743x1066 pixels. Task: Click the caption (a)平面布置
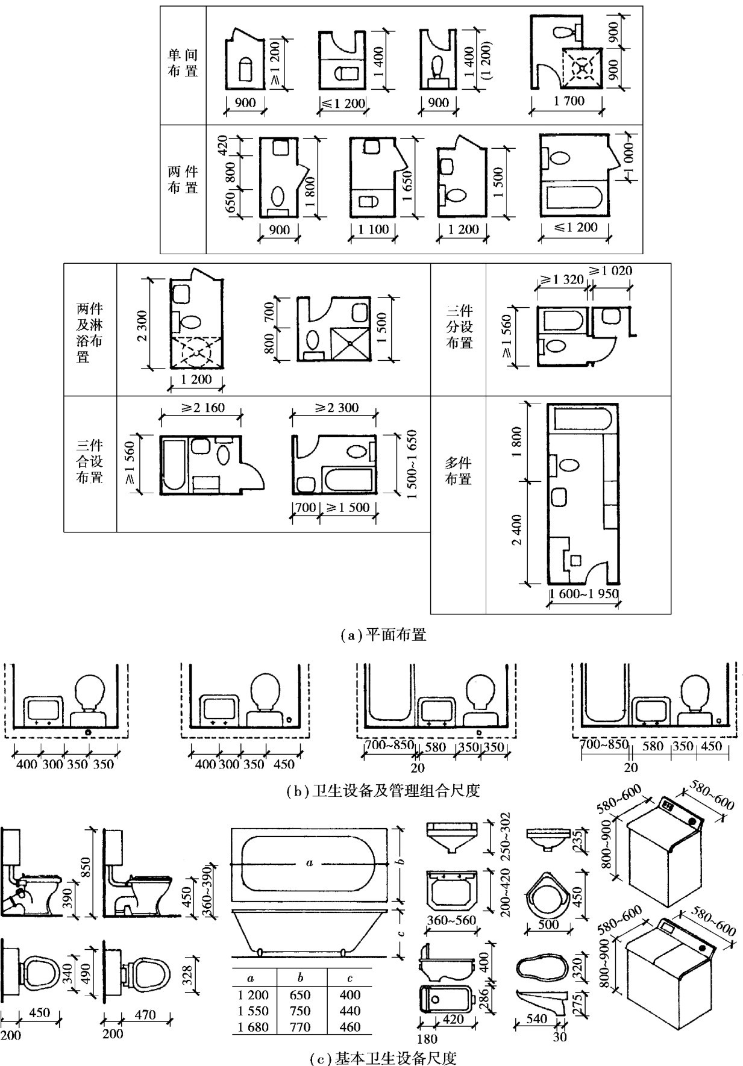[x=383, y=634]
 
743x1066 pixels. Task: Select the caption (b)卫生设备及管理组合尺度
[x=383, y=790]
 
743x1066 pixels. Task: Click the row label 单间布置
[x=183, y=63]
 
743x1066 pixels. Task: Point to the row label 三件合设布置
[x=90, y=462]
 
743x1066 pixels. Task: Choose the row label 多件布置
[x=458, y=471]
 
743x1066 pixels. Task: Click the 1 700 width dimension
[x=569, y=101]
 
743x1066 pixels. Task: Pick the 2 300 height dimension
[x=142, y=323]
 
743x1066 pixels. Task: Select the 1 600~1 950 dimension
[x=584, y=594]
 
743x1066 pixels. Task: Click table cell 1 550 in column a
[x=253, y=1011]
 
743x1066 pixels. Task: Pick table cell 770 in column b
[x=300, y=1027]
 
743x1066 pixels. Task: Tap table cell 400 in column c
[x=350, y=994]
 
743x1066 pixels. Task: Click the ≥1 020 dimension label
[x=610, y=271]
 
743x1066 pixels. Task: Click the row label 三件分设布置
[x=459, y=326]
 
